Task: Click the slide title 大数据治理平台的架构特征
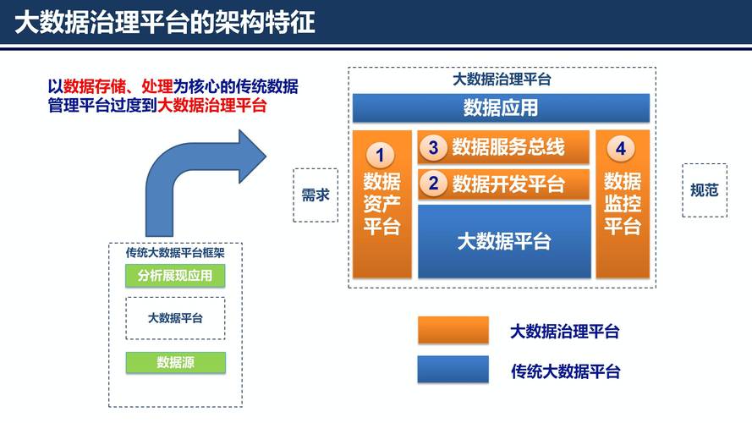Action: [165, 21]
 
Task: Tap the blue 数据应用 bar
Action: [501, 108]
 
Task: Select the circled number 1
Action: [380, 155]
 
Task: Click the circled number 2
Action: [433, 183]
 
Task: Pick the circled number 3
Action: [433, 148]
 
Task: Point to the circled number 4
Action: [621, 149]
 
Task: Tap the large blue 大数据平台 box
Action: [504, 241]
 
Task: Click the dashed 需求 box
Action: [316, 195]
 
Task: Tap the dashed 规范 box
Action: [704, 190]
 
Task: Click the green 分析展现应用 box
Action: [175, 276]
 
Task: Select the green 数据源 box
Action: [175, 362]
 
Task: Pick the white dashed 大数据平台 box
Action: [175, 318]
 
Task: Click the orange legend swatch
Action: [453, 331]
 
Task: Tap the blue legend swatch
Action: [453, 370]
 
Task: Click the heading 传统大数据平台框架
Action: [175, 252]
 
